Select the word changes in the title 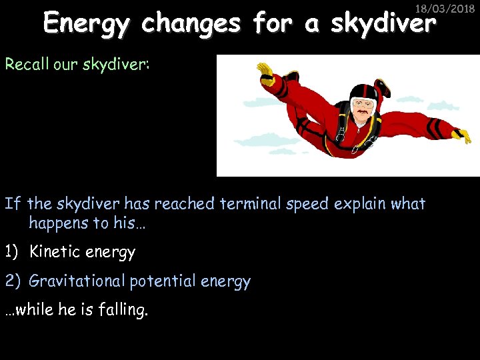[x=191, y=24]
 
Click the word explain [x=363, y=204]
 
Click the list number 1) [x=13, y=252]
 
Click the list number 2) [x=13, y=281]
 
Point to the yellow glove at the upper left [x=266, y=70]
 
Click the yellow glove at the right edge [x=460, y=136]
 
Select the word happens [x=61, y=223]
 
